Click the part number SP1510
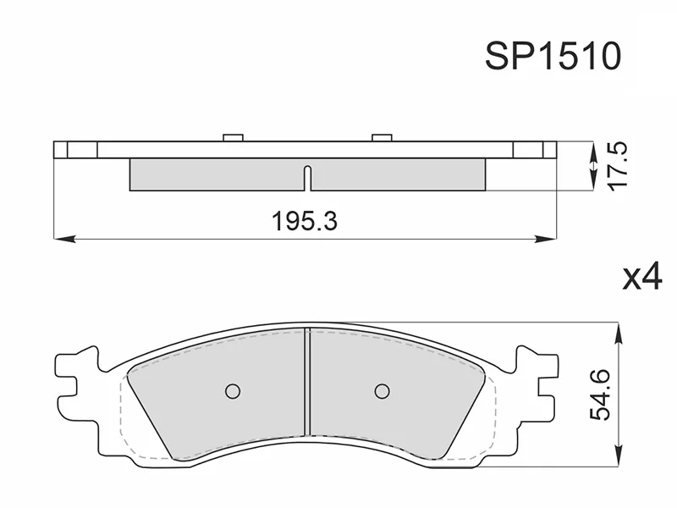tap(553, 57)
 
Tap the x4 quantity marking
tap(641, 277)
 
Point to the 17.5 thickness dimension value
tap(617, 167)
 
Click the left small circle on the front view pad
tap(233, 390)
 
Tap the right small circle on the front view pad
tap(382, 390)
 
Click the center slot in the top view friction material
tap(308, 178)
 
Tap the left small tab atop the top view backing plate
tap(233, 137)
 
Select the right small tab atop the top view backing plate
tap(382, 137)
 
